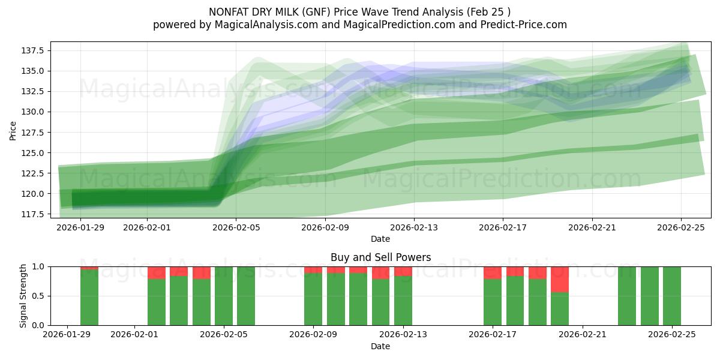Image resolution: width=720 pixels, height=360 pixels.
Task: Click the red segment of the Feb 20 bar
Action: click(560, 279)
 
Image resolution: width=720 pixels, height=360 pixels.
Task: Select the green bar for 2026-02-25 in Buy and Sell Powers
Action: click(672, 296)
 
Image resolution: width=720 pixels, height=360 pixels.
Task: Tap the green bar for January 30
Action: click(89, 297)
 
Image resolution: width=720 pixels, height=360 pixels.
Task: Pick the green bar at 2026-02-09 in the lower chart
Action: click(313, 299)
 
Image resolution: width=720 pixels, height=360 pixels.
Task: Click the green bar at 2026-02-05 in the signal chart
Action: click(224, 296)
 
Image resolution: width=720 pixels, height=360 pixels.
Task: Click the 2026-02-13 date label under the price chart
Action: click(414, 228)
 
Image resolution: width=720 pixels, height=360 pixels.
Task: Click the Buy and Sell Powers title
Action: click(380, 257)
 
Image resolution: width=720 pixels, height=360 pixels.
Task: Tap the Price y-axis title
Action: click(13, 130)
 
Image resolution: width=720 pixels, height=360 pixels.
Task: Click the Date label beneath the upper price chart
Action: click(380, 239)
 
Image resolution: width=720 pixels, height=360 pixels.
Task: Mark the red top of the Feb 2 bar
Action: click(157, 272)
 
